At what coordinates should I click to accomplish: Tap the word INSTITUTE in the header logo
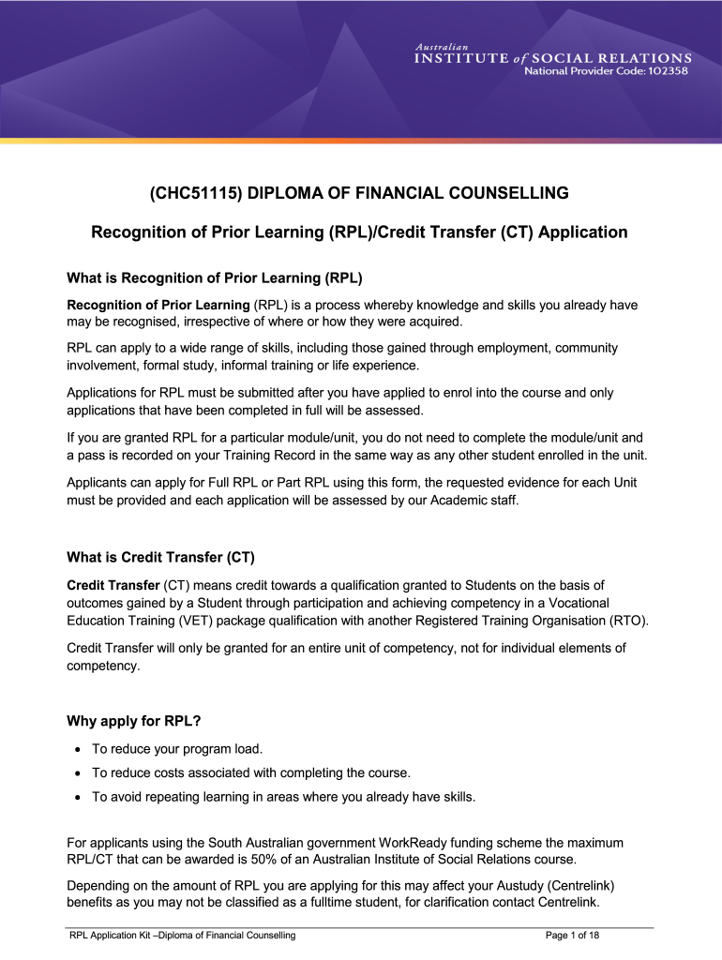pos(461,58)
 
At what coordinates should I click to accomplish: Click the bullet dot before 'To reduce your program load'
pos(76,750)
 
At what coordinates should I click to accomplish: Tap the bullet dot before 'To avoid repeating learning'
pos(76,798)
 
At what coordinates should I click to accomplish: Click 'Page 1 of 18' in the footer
pos(571,936)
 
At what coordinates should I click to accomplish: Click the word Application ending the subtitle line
pos(581,232)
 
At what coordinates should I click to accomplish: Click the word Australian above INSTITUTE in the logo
pos(443,46)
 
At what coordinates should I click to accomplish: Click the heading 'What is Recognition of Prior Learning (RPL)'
pos(215,277)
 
